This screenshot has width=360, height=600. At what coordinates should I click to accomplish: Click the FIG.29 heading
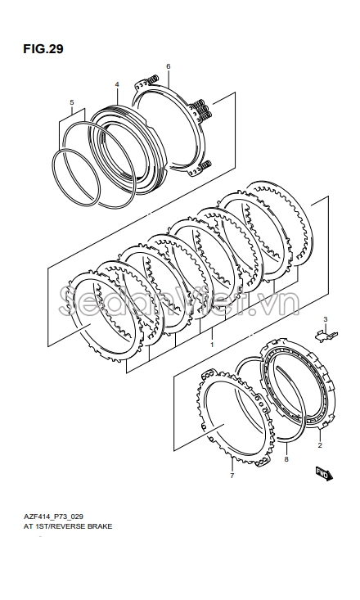[x=43, y=49]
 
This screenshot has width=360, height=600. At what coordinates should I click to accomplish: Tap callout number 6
[x=169, y=66]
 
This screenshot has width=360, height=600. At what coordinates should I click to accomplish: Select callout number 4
[x=117, y=83]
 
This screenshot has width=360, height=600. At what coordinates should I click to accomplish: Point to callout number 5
[x=72, y=102]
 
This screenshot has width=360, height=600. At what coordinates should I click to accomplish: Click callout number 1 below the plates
[x=212, y=345]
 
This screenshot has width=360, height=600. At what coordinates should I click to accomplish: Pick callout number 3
[x=325, y=319]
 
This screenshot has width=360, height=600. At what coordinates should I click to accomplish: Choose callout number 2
[x=320, y=445]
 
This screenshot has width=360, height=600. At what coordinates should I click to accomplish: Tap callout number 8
[x=286, y=459]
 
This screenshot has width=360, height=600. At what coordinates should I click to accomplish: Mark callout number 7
[x=232, y=476]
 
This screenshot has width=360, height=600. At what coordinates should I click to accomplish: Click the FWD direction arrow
[x=325, y=474]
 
